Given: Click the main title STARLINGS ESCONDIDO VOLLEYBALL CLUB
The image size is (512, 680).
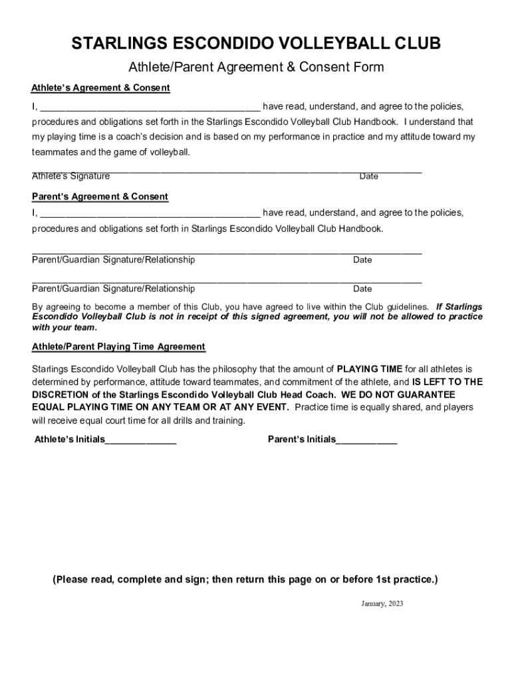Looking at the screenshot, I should click(256, 44).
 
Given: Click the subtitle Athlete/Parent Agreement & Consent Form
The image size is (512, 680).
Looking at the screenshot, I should click(256, 67).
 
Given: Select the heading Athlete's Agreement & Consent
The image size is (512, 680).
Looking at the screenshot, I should click(101, 88).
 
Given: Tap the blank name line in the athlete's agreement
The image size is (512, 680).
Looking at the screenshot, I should click(150, 107).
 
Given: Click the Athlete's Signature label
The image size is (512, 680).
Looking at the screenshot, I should click(71, 176).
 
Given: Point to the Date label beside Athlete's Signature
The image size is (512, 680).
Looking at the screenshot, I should click(368, 176).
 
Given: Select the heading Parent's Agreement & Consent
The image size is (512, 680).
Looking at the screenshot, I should click(100, 197).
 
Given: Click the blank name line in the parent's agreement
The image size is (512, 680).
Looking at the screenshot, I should click(150, 214).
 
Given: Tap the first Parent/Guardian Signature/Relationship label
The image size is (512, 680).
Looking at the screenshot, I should click(114, 260).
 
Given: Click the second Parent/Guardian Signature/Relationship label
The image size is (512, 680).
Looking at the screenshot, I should click(114, 289).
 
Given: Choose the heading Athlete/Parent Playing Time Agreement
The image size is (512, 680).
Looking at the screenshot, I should click(118, 347).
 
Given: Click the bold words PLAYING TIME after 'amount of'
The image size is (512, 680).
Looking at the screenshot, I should click(370, 369).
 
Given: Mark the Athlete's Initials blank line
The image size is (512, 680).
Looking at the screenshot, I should click(141, 441).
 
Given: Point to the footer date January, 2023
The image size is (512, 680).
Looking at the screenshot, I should click(382, 604).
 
